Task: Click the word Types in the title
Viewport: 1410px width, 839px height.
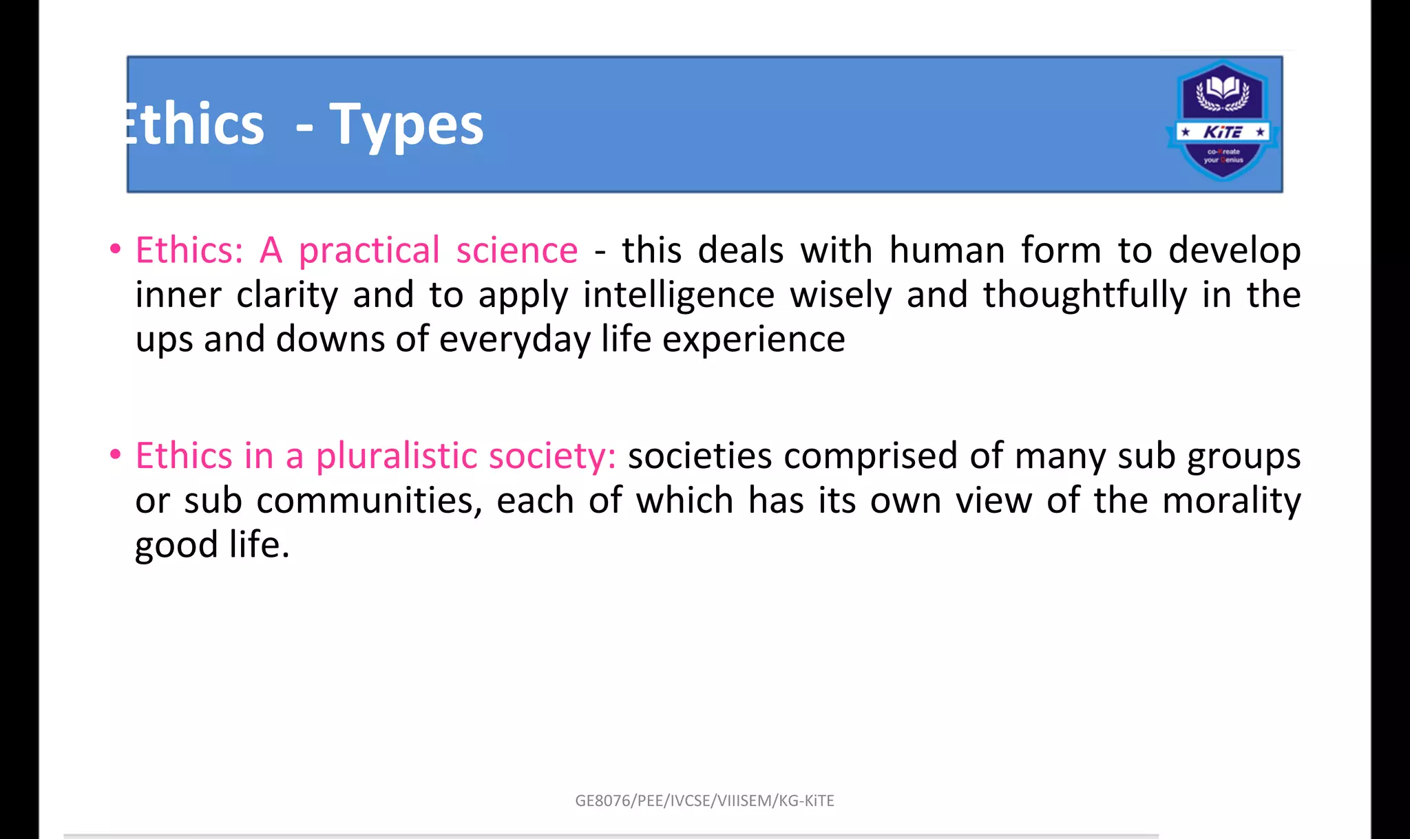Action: coord(406,125)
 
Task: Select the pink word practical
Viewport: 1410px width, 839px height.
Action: coord(369,250)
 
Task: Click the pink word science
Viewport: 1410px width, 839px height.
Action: coord(517,250)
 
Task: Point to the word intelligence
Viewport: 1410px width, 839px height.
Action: coord(679,295)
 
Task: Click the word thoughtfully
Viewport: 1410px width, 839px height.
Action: coord(1084,295)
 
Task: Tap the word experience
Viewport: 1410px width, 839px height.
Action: coord(754,339)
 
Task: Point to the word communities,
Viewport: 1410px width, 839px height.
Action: coord(370,500)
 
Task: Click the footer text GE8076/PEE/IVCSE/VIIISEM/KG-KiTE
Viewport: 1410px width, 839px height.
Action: coord(704,800)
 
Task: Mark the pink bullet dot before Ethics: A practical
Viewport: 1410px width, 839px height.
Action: coord(116,248)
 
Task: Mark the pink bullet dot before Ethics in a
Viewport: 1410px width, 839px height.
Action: coord(116,454)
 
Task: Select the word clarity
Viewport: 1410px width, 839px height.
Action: coord(287,295)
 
